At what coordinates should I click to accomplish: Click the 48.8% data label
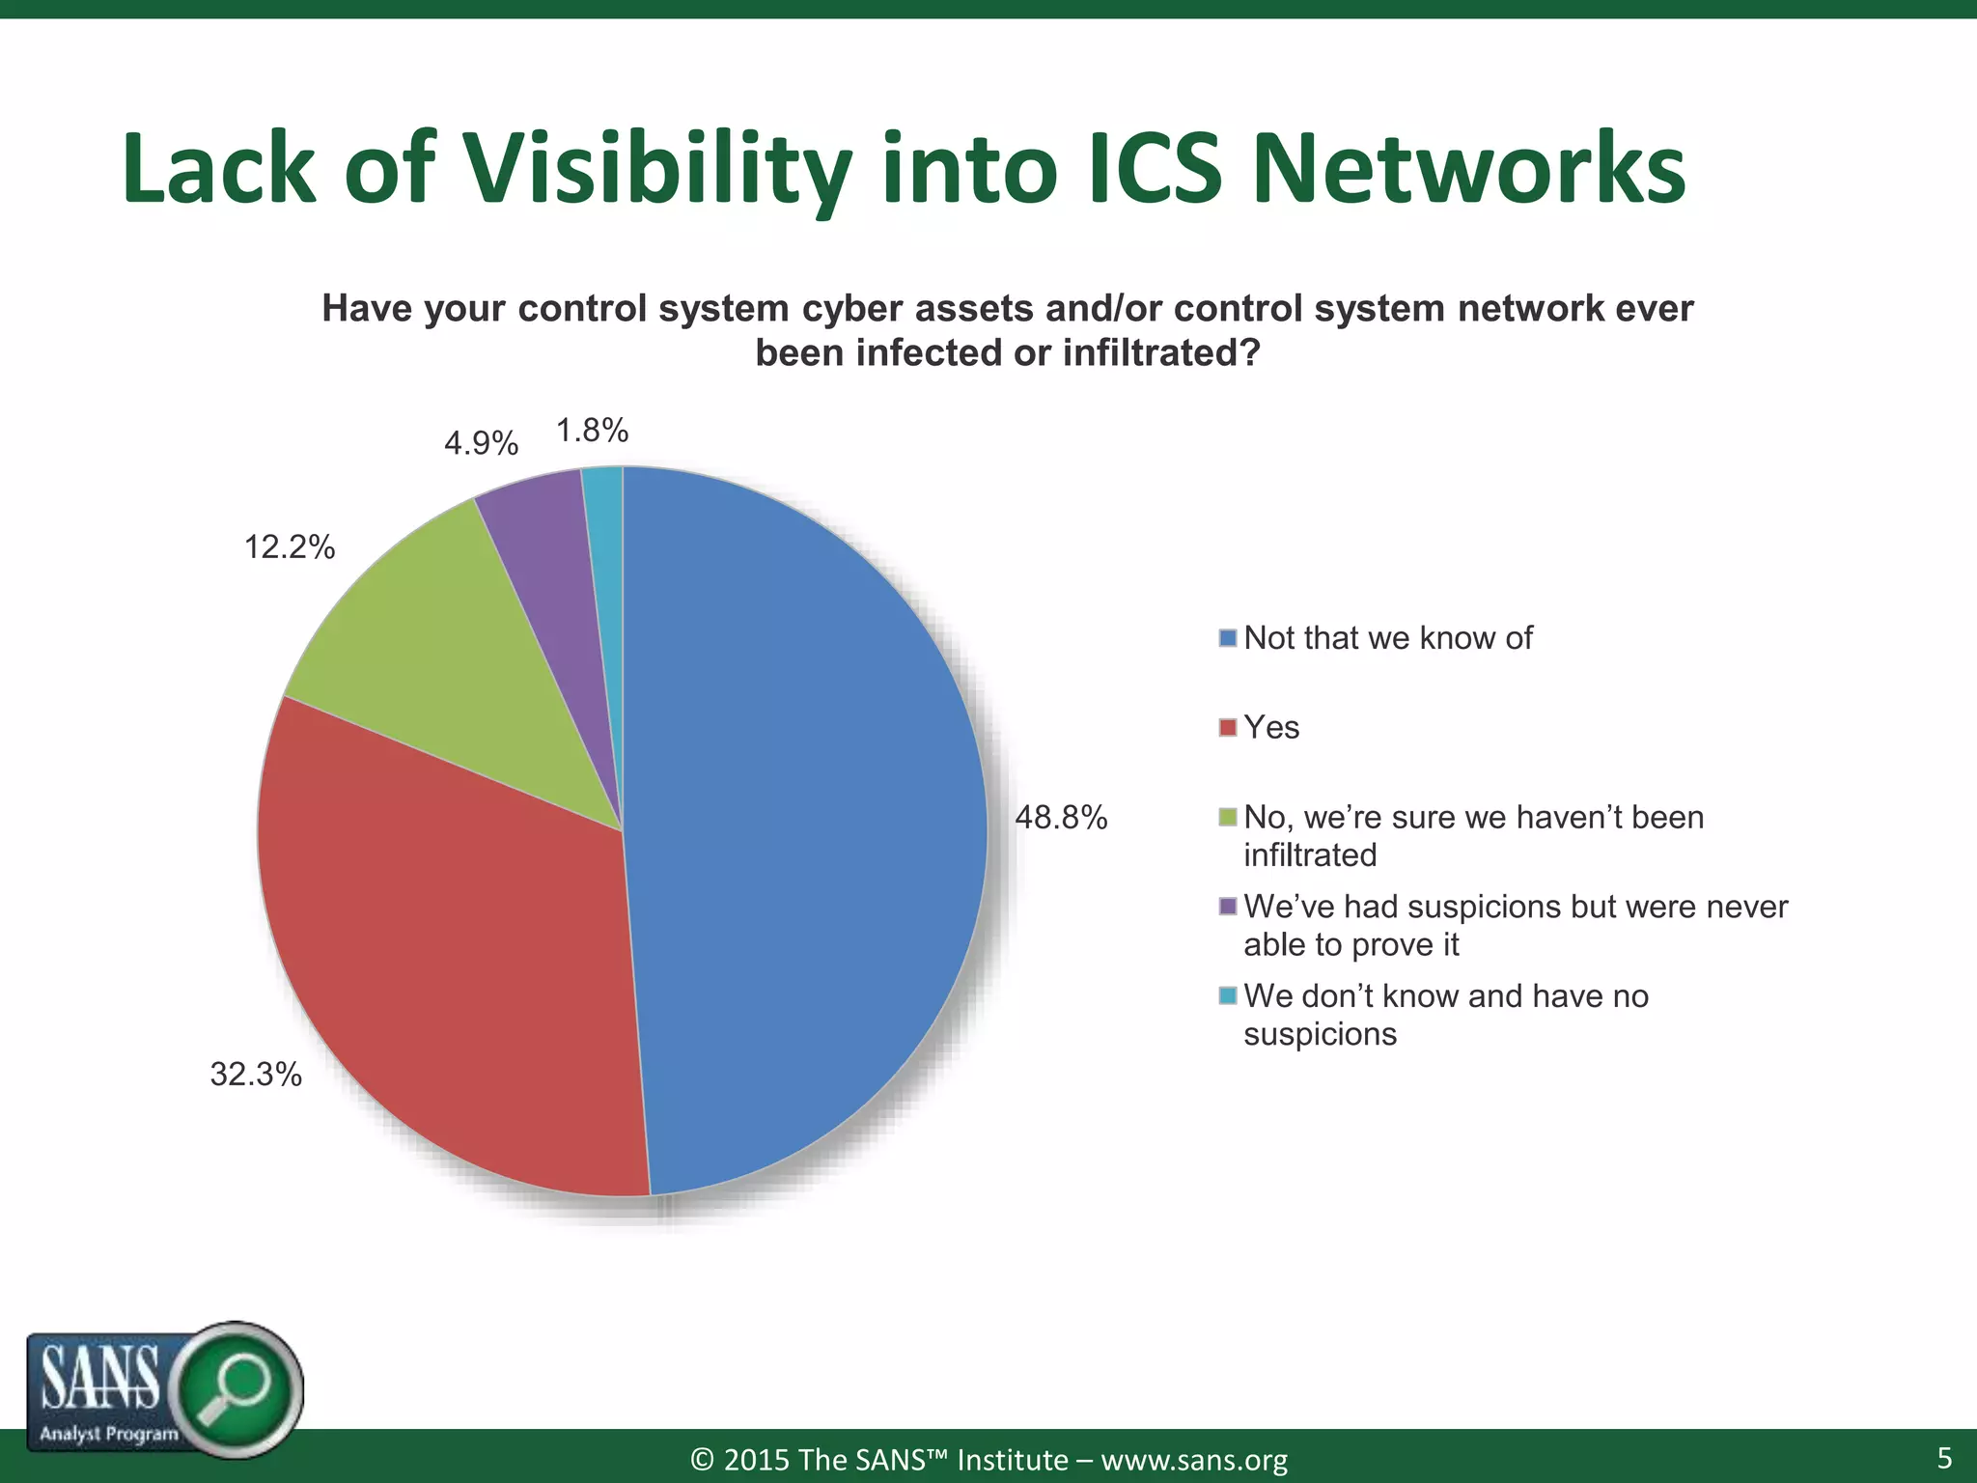tap(1060, 819)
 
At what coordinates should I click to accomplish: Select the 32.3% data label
tap(256, 1075)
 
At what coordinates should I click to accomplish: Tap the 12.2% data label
tap(289, 547)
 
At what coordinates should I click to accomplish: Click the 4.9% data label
tap(481, 443)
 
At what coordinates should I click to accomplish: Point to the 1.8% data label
tap(592, 431)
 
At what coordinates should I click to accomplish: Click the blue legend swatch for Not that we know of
tap(1228, 638)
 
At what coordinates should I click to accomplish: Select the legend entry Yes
tap(1270, 727)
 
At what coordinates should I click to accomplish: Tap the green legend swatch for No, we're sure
tap(1228, 818)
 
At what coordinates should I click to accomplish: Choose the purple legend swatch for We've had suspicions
tap(1228, 907)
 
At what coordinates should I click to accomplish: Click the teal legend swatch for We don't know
tap(1228, 995)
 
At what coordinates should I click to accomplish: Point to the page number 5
tap(1944, 1458)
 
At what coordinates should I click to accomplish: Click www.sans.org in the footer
tap(1194, 1460)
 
